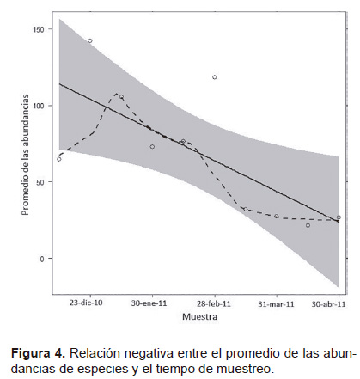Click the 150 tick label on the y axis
coord(38,29)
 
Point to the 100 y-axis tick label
coord(38,106)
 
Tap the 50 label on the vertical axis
coord(40,182)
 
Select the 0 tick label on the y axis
coord(42,259)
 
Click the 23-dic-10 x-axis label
coord(86,303)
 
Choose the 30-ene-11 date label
coord(149,303)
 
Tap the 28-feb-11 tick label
coord(214,303)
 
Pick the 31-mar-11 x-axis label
coord(276,303)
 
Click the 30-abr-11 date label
coord(328,304)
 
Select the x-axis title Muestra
coord(199,316)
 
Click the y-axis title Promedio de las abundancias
coord(26,155)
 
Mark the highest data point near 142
coord(90,41)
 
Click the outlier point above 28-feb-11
coord(215,77)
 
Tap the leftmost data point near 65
coord(59,159)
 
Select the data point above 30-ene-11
coord(152,147)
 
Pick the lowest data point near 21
coord(308,225)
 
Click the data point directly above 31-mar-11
coord(277,216)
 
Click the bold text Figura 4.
coord(38,353)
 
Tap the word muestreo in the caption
coord(244,369)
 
